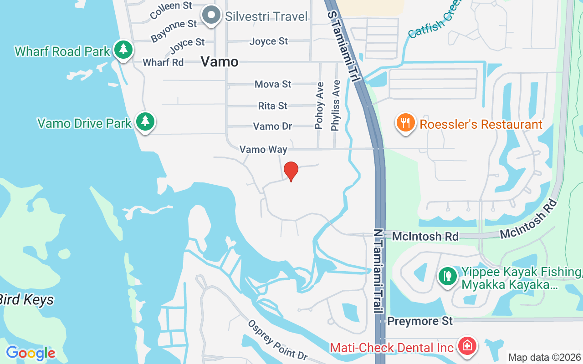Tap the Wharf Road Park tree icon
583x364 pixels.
tap(123, 50)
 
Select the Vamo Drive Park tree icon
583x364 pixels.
tap(145, 121)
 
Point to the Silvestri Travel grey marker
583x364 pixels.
tap(211, 15)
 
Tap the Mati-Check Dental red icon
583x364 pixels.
tap(466, 347)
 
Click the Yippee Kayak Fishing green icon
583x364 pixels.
tap(448, 277)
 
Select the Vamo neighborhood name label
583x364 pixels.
tap(220, 61)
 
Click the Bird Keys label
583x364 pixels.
tap(26, 300)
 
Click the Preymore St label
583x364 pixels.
tap(420, 321)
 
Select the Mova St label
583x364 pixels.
tap(273, 84)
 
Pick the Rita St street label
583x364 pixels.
tap(273, 106)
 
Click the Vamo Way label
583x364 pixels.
tap(263, 149)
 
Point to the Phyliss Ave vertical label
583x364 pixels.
tap(336, 106)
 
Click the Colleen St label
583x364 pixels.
tap(171, 10)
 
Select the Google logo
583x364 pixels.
tap(31, 353)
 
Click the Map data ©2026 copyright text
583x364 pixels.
tap(545, 357)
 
